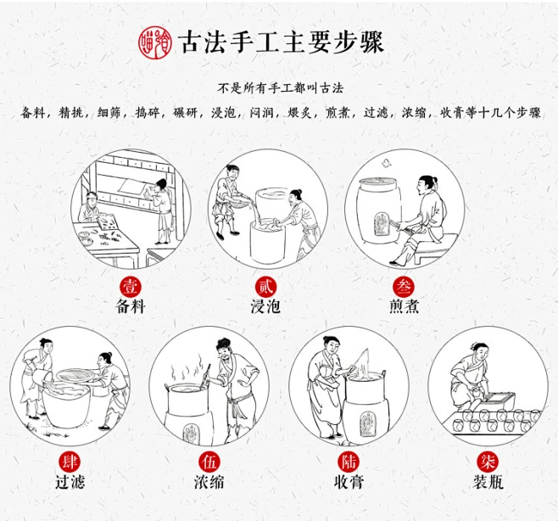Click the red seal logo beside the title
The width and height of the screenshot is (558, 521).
(155, 42)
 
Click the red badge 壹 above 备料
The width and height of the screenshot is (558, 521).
(131, 287)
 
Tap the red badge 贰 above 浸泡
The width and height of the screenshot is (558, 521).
(265, 287)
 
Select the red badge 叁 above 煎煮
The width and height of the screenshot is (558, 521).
(404, 287)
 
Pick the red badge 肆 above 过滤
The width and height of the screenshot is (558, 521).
(70, 462)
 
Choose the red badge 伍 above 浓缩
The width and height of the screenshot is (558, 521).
(209, 462)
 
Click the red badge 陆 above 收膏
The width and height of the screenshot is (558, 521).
(349, 462)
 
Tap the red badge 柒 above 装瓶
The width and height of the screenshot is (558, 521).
(488, 462)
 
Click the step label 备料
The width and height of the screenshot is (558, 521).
(131, 306)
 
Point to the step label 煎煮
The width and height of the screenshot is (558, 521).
(404, 306)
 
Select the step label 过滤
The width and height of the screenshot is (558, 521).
(70, 482)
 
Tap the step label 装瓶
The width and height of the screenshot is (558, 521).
(488, 482)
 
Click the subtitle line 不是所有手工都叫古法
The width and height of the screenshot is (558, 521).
(281, 87)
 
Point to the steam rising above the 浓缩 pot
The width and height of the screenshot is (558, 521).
(187, 368)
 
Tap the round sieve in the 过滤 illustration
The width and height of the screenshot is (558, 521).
(75, 375)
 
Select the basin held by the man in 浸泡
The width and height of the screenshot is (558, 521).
(239, 200)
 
